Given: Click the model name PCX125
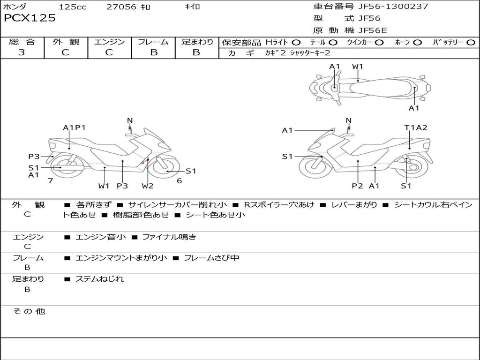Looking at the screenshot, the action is point(30,18).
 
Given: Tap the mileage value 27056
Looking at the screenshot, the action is point(121,7).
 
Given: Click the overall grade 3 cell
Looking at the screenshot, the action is point(22,52).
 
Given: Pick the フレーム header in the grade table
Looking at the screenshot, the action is point(153,42).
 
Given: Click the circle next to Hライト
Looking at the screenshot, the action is point(296,43).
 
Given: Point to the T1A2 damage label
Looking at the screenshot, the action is point(416,127).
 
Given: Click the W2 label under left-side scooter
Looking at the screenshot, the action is point(148,186).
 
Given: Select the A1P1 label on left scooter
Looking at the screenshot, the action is point(75,127).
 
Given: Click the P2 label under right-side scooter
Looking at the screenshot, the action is point(358,186).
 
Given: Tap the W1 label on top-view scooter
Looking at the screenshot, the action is point(358,67).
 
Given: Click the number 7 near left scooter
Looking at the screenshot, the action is point(50,180).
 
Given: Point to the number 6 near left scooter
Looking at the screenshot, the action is point(179,180).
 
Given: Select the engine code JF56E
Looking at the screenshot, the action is point(373,31).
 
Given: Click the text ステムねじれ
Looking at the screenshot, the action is point(100,279).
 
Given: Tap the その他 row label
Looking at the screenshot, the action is point(29,311).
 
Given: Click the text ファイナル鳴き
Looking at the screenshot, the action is point(169,237).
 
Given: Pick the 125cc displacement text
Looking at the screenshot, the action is point(73,7).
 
